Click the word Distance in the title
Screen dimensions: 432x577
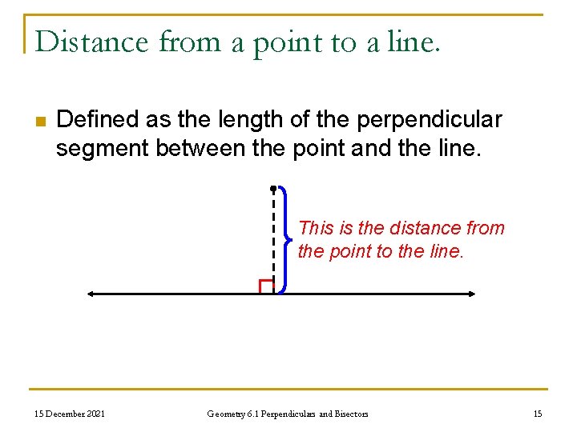coord(92,42)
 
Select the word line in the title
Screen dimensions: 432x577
coord(412,42)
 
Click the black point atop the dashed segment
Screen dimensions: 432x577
coord(273,189)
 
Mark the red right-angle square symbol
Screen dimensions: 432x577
coord(266,286)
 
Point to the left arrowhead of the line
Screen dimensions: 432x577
coord(91,294)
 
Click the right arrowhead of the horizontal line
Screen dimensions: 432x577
coord(472,294)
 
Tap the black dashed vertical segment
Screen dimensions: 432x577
coord(273,240)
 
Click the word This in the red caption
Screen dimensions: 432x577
coord(316,228)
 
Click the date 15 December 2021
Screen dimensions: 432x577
coord(69,414)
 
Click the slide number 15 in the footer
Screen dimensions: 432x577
coord(537,414)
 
